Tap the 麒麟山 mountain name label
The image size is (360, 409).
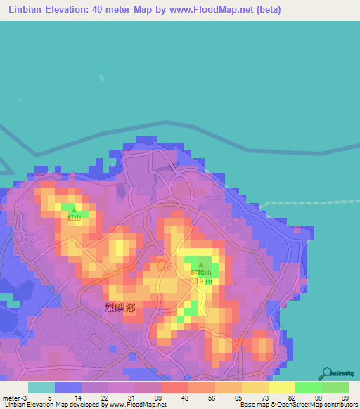(200, 273)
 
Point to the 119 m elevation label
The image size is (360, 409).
(201, 281)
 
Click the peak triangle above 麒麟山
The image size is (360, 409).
(200, 264)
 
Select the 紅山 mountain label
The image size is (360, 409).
(74, 218)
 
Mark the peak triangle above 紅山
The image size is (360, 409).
(74, 209)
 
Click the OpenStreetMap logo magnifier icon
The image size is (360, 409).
(327, 372)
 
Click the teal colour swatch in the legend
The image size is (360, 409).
(41, 387)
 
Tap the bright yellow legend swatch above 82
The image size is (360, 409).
(281, 387)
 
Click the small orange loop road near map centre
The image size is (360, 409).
(162, 265)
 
